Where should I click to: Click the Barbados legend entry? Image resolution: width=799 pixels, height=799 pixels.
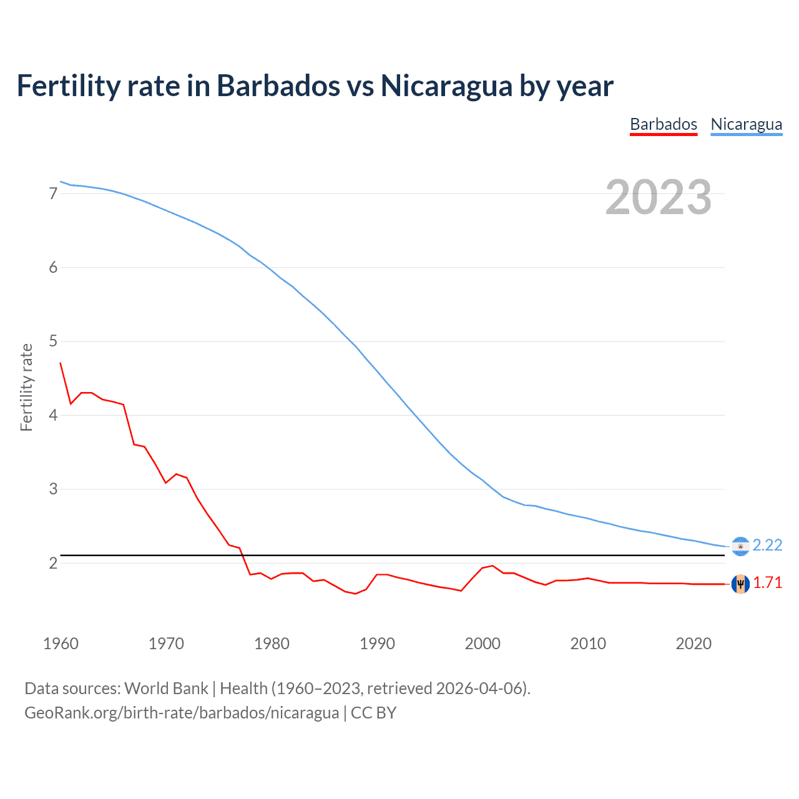pos(664,124)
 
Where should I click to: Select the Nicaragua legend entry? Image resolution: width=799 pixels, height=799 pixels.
pos(746,124)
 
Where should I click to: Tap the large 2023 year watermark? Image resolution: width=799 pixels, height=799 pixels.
pos(658,197)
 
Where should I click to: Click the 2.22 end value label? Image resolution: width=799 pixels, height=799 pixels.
pos(767,545)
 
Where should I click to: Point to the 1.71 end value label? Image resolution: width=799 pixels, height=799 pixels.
pos(767,582)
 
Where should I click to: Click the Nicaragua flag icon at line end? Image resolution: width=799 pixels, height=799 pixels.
pos(740,546)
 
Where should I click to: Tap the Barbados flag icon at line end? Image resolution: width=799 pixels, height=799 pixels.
pos(740,584)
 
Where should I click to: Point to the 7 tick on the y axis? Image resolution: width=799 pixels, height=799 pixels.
pos(53,194)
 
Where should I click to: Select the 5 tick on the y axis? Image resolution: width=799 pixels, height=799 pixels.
pos(53,341)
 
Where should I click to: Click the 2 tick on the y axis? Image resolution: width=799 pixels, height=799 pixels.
pos(53,563)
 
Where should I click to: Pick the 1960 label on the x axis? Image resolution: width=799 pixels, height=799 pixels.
pos(61,644)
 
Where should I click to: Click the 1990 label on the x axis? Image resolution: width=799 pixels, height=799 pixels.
pos(377,644)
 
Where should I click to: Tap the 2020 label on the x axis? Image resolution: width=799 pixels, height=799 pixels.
pos(694,644)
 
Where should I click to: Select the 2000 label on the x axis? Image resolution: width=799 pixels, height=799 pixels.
pos(483,644)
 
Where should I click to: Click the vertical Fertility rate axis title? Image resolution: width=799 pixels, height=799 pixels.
pos(26,387)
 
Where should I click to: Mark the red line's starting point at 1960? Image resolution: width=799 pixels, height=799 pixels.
pos(61,363)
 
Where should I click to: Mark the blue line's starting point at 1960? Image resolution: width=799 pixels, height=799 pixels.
pos(61,182)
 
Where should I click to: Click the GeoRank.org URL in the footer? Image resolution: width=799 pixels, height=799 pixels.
pos(182,713)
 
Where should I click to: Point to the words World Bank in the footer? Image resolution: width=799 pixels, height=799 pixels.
pos(166,689)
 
